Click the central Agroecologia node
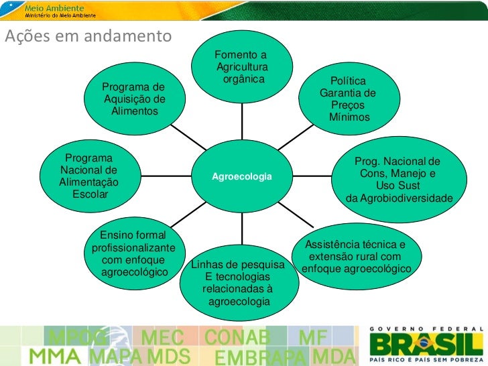click(x=242, y=176)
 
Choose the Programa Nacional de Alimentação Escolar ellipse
click(x=89, y=176)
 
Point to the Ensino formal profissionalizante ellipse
click(x=134, y=254)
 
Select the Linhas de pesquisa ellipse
click(x=239, y=282)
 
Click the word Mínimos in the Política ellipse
click(x=349, y=117)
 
